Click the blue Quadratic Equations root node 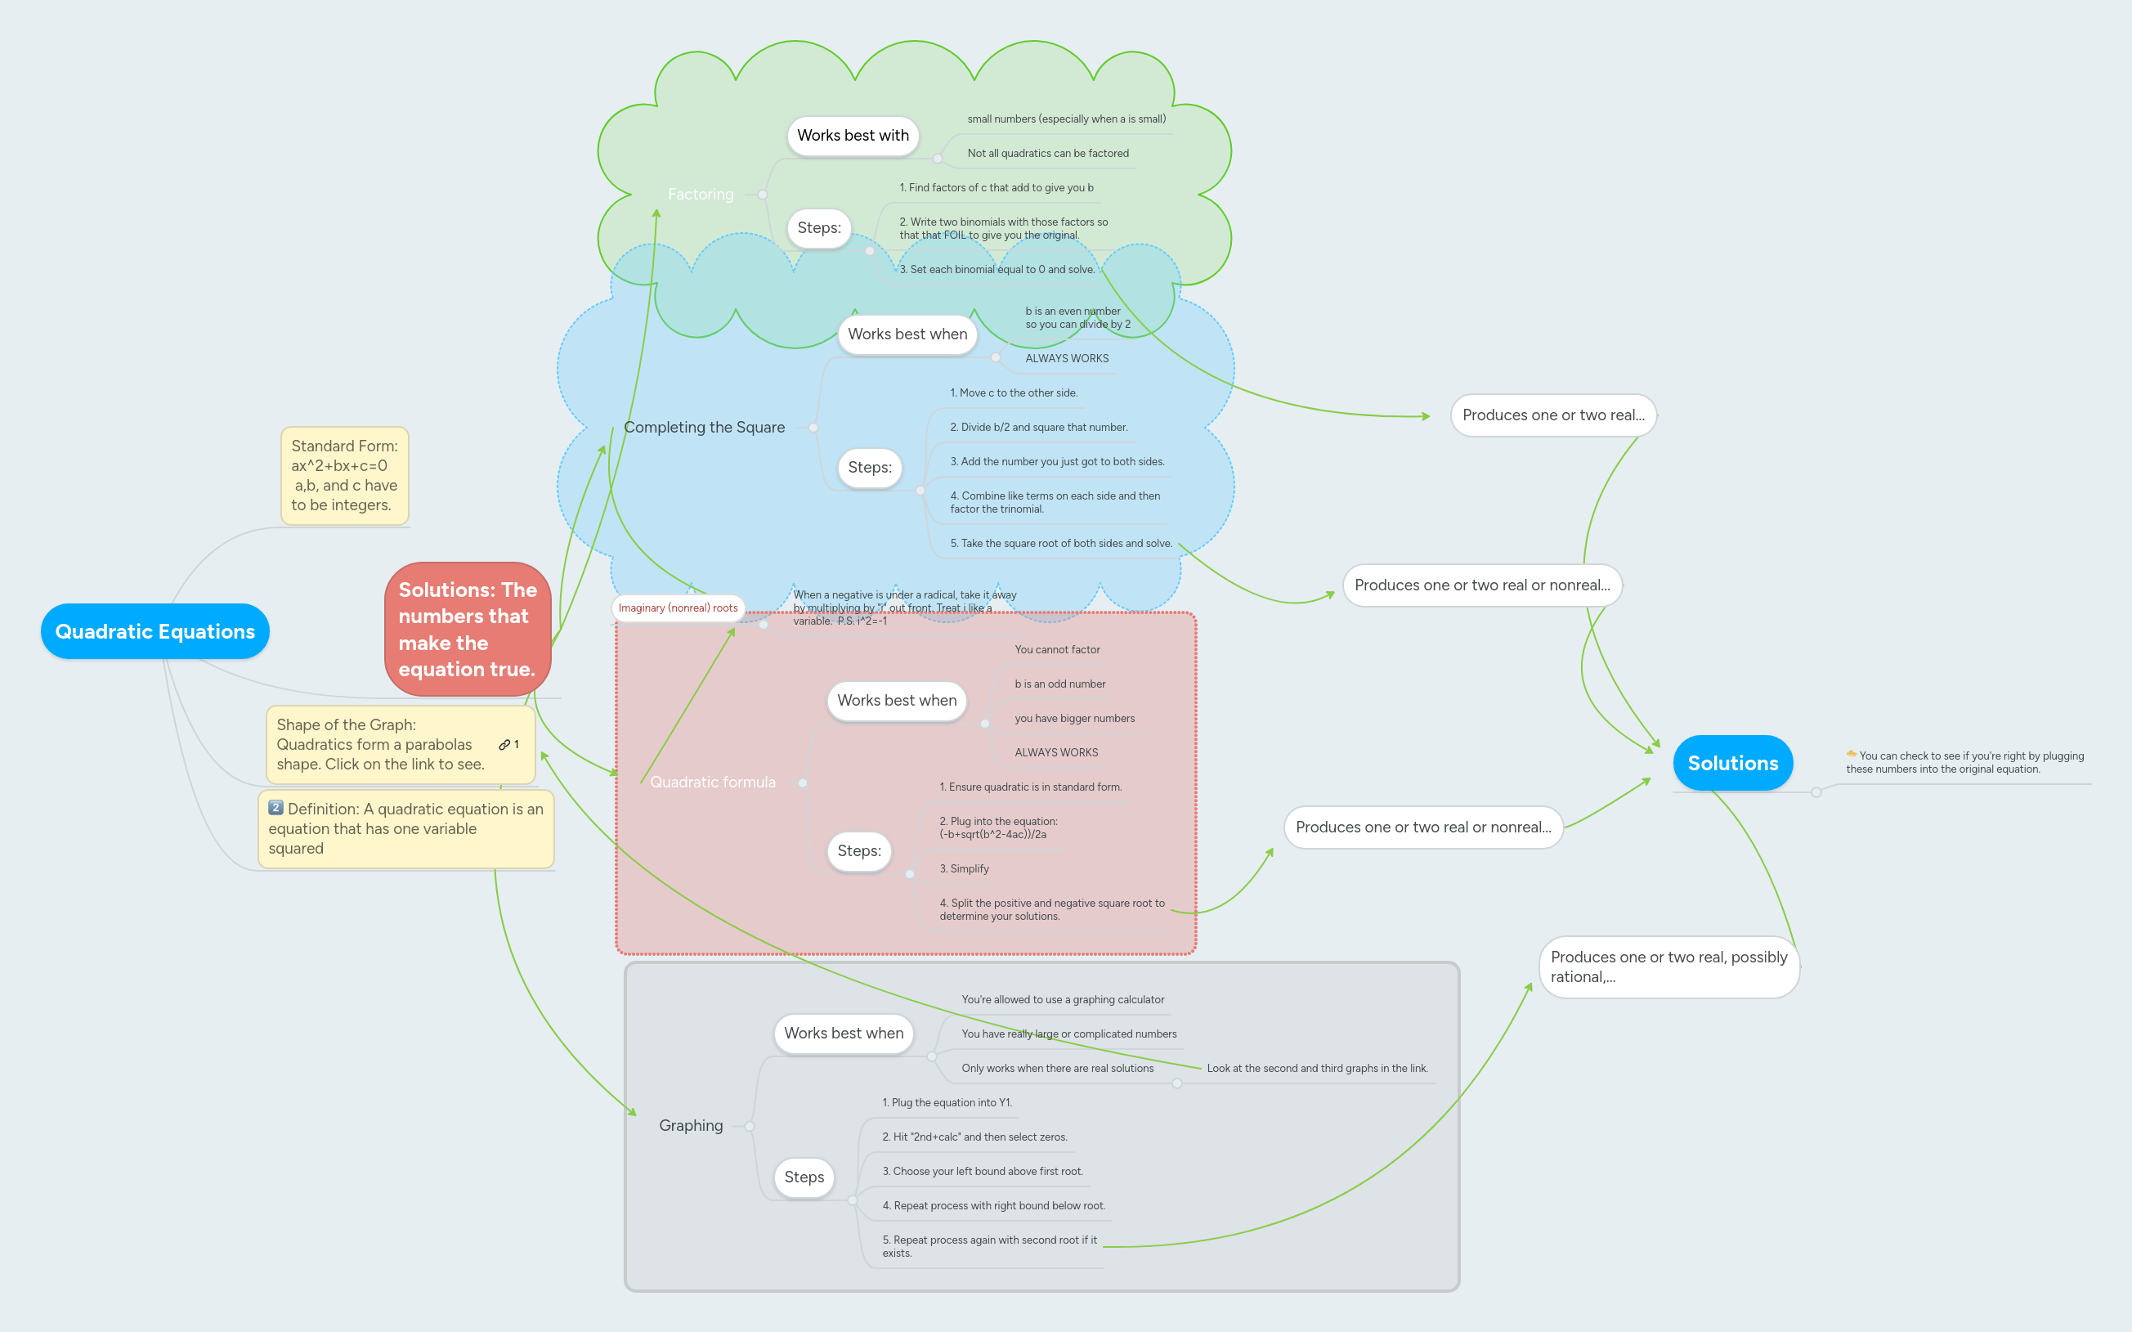155,630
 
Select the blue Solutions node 1731,763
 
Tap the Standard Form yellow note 344,476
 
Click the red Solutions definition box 467,629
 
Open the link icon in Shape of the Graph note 504,744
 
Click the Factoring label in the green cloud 700,194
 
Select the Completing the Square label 704,428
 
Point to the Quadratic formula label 712,783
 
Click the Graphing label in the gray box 691,1125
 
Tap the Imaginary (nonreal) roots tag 677,608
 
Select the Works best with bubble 852,136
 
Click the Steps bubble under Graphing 803,1177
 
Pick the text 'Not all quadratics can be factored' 1047,153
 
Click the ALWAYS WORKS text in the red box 1056,752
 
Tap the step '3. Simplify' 964,868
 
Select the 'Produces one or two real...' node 1552,415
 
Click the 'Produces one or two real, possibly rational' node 1667,966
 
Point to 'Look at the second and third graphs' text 1316,1068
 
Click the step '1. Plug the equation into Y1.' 947,1102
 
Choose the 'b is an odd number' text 1059,684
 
